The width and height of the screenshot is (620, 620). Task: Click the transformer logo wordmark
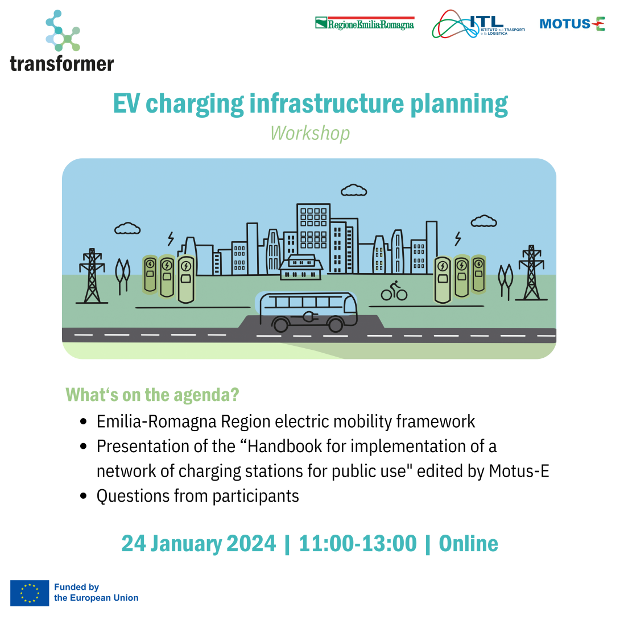point(62,63)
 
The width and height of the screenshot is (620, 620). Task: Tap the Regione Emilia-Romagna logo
point(365,23)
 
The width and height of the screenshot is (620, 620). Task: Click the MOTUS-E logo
point(572,24)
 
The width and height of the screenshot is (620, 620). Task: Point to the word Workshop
point(310,133)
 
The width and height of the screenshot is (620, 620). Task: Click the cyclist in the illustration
point(394,290)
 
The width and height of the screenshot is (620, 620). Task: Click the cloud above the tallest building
point(353,190)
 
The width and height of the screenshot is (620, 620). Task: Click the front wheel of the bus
point(336,324)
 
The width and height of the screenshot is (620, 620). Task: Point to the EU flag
point(30,593)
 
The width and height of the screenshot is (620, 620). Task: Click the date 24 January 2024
point(199,543)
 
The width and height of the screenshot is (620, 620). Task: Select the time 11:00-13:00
point(358,543)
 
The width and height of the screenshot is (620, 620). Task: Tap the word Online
point(469,543)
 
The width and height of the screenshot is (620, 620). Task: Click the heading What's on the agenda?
point(152,394)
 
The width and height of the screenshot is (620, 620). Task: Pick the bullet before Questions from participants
point(84,496)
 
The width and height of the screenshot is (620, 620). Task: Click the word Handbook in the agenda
point(277,447)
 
